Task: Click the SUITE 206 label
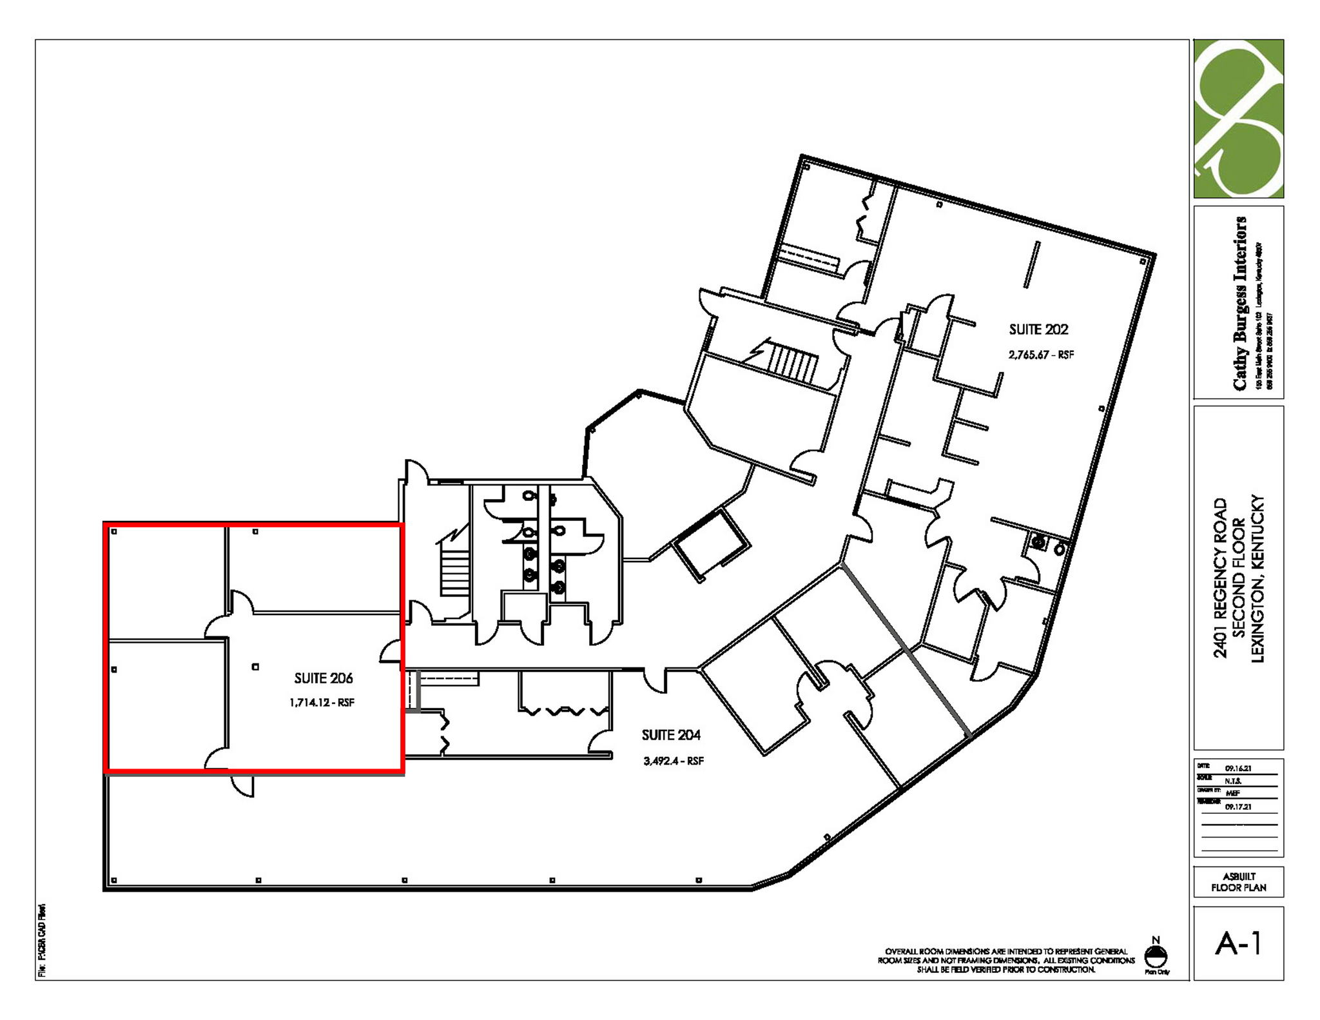click(x=324, y=678)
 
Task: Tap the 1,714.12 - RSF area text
click(x=322, y=703)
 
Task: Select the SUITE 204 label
click(x=671, y=735)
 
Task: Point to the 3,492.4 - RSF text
click(x=674, y=761)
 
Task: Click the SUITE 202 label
click(x=1038, y=329)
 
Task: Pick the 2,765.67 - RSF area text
click(x=1041, y=355)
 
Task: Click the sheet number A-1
click(x=1238, y=943)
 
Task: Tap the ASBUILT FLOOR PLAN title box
click(x=1238, y=882)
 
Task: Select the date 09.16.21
click(x=1238, y=769)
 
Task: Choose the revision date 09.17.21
click(x=1238, y=807)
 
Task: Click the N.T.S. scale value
click(x=1233, y=781)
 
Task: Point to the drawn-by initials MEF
click(x=1232, y=793)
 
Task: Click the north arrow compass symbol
click(x=1156, y=956)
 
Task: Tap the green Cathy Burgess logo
click(x=1238, y=119)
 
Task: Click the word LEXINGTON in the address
click(x=1257, y=615)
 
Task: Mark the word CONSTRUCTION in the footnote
click(x=1066, y=970)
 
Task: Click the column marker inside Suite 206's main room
click(x=255, y=667)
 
